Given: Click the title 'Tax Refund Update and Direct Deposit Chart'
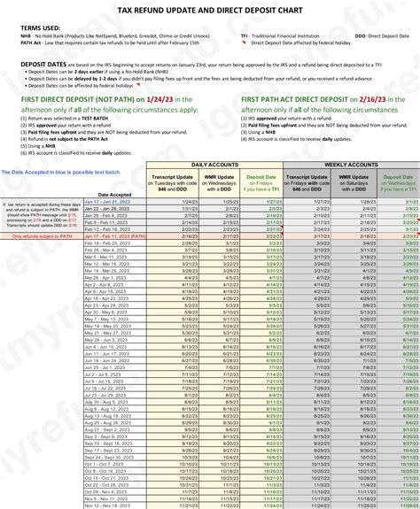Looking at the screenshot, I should click(210, 9).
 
